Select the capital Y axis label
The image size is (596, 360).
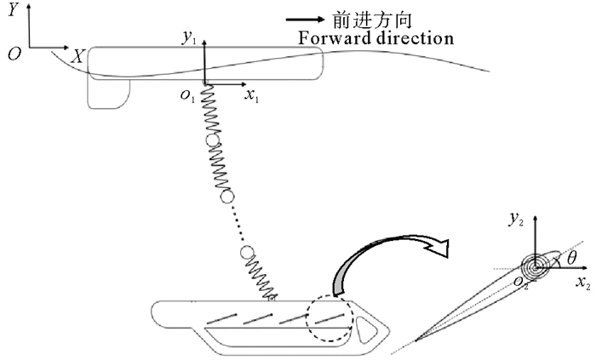(x=13, y=12)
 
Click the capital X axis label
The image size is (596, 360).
(x=77, y=56)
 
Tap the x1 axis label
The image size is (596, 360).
(x=252, y=98)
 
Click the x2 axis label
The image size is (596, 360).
(x=583, y=282)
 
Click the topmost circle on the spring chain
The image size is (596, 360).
(x=212, y=140)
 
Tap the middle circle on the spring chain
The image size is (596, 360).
(x=226, y=197)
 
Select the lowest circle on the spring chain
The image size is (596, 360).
(x=248, y=253)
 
